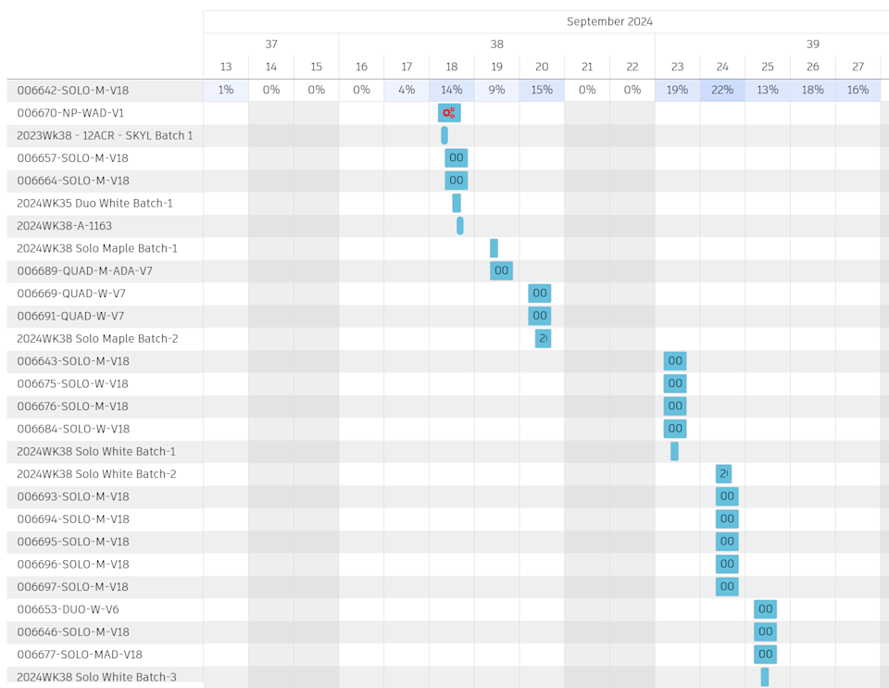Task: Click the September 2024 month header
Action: [609, 21]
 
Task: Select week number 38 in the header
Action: [496, 44]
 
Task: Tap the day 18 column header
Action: [452, 67]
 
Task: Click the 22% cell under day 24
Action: [722, 90]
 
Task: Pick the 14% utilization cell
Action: [452, 90]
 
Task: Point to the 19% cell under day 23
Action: [677, 90]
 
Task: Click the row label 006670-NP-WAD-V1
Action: [70, 113]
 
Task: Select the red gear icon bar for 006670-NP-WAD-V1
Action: [449, 113]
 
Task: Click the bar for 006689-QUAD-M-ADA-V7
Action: [501, 270]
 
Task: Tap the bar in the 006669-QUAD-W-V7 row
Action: [540, 294]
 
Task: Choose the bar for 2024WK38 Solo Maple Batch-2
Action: [543, 338]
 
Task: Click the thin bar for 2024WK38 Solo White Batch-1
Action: [674, 451]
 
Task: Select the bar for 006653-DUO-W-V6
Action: [765, 609]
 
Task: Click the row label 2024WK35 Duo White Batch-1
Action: [94, 203]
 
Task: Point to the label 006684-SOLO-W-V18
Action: [73, 429]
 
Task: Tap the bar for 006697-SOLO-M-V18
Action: [727, 586]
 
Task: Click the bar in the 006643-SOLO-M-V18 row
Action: [675, 361]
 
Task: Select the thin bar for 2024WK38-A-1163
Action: [460, 226]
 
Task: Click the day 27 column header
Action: [858, 67]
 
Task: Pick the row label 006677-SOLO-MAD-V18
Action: [80, 655]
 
